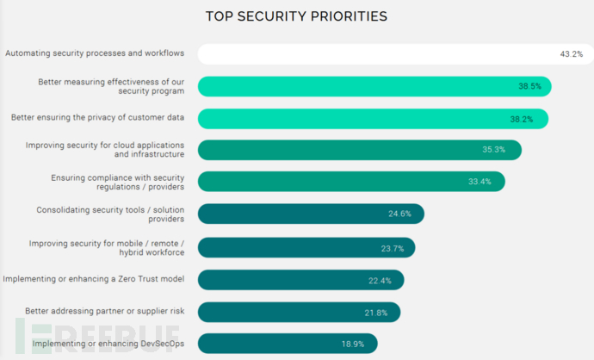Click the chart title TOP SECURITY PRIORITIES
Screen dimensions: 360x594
tap(296, 16)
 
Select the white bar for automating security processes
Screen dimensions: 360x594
tap(370, 54)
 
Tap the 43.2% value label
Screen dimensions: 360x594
tap(572, 54)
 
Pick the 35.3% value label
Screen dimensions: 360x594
tap(493, 150)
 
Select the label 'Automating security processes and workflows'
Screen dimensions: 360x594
tap(95, 53)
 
